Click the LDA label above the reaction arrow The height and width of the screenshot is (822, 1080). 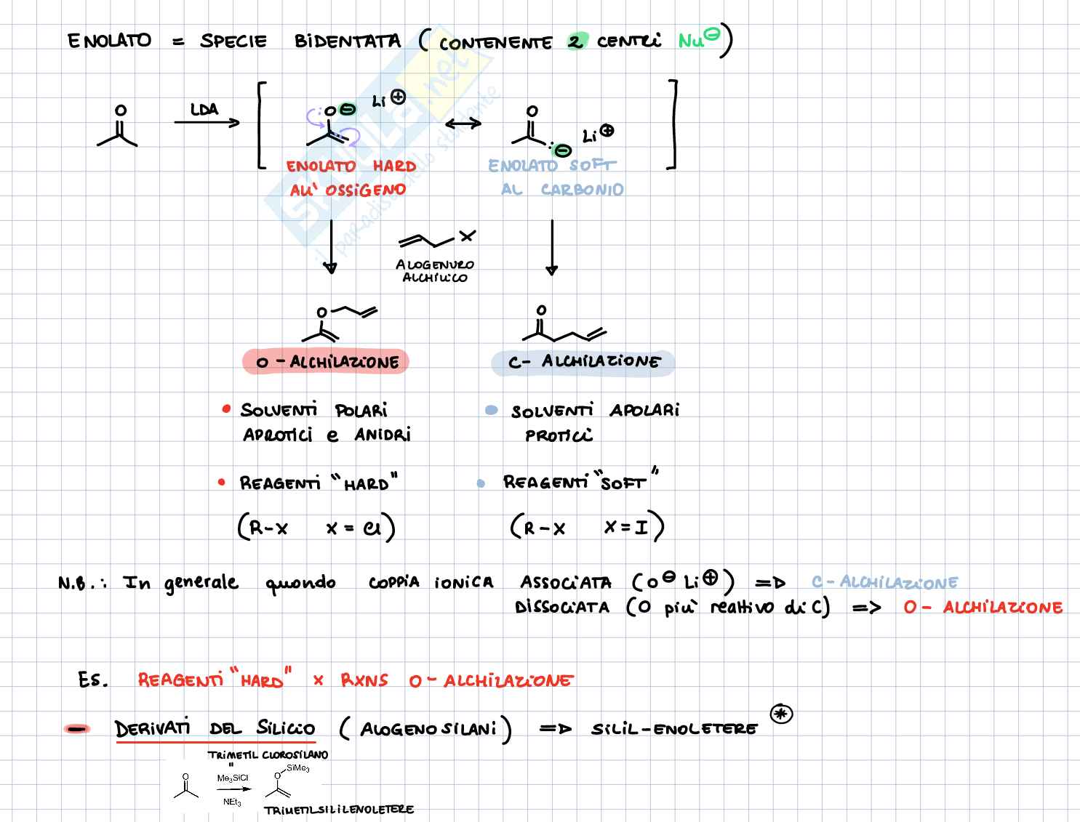pos(204,110)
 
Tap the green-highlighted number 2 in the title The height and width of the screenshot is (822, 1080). pos(575,41)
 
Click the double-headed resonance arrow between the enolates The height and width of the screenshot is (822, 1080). pos(463,123)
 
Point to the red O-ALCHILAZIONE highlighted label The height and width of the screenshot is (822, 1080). pos(326,361)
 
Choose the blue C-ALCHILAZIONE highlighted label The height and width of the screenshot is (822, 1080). pos(583,362)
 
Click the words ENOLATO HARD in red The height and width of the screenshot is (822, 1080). pos(351,166)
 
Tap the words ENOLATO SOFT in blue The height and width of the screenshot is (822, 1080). pos(551,166)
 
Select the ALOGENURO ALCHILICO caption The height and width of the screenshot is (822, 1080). pos(435,271)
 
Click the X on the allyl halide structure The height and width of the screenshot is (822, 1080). pos(467,235)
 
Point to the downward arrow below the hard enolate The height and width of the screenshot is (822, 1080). pos(330,247)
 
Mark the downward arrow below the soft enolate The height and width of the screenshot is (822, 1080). pos(552,247)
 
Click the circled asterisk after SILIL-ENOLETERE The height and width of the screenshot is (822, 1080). pos(781,714)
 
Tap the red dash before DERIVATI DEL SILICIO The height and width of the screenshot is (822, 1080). pos(76,729)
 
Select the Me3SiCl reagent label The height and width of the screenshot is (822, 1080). pos(232,778)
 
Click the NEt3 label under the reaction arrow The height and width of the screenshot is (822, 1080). pos(232,802)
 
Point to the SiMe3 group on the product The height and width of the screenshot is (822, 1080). pos(297,768)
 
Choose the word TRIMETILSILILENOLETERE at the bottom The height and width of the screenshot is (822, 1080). pos(339,810)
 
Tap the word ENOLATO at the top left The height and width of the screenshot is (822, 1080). pos(109,41)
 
